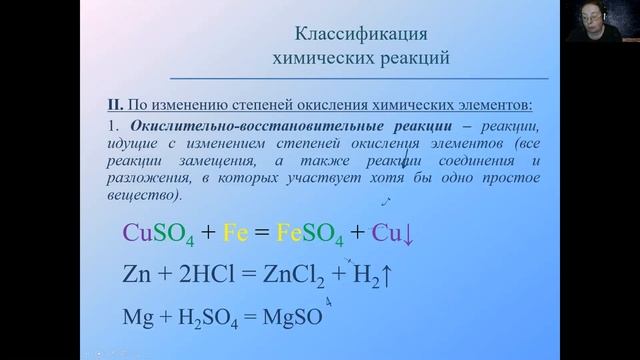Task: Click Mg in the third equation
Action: tap(137, 317)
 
